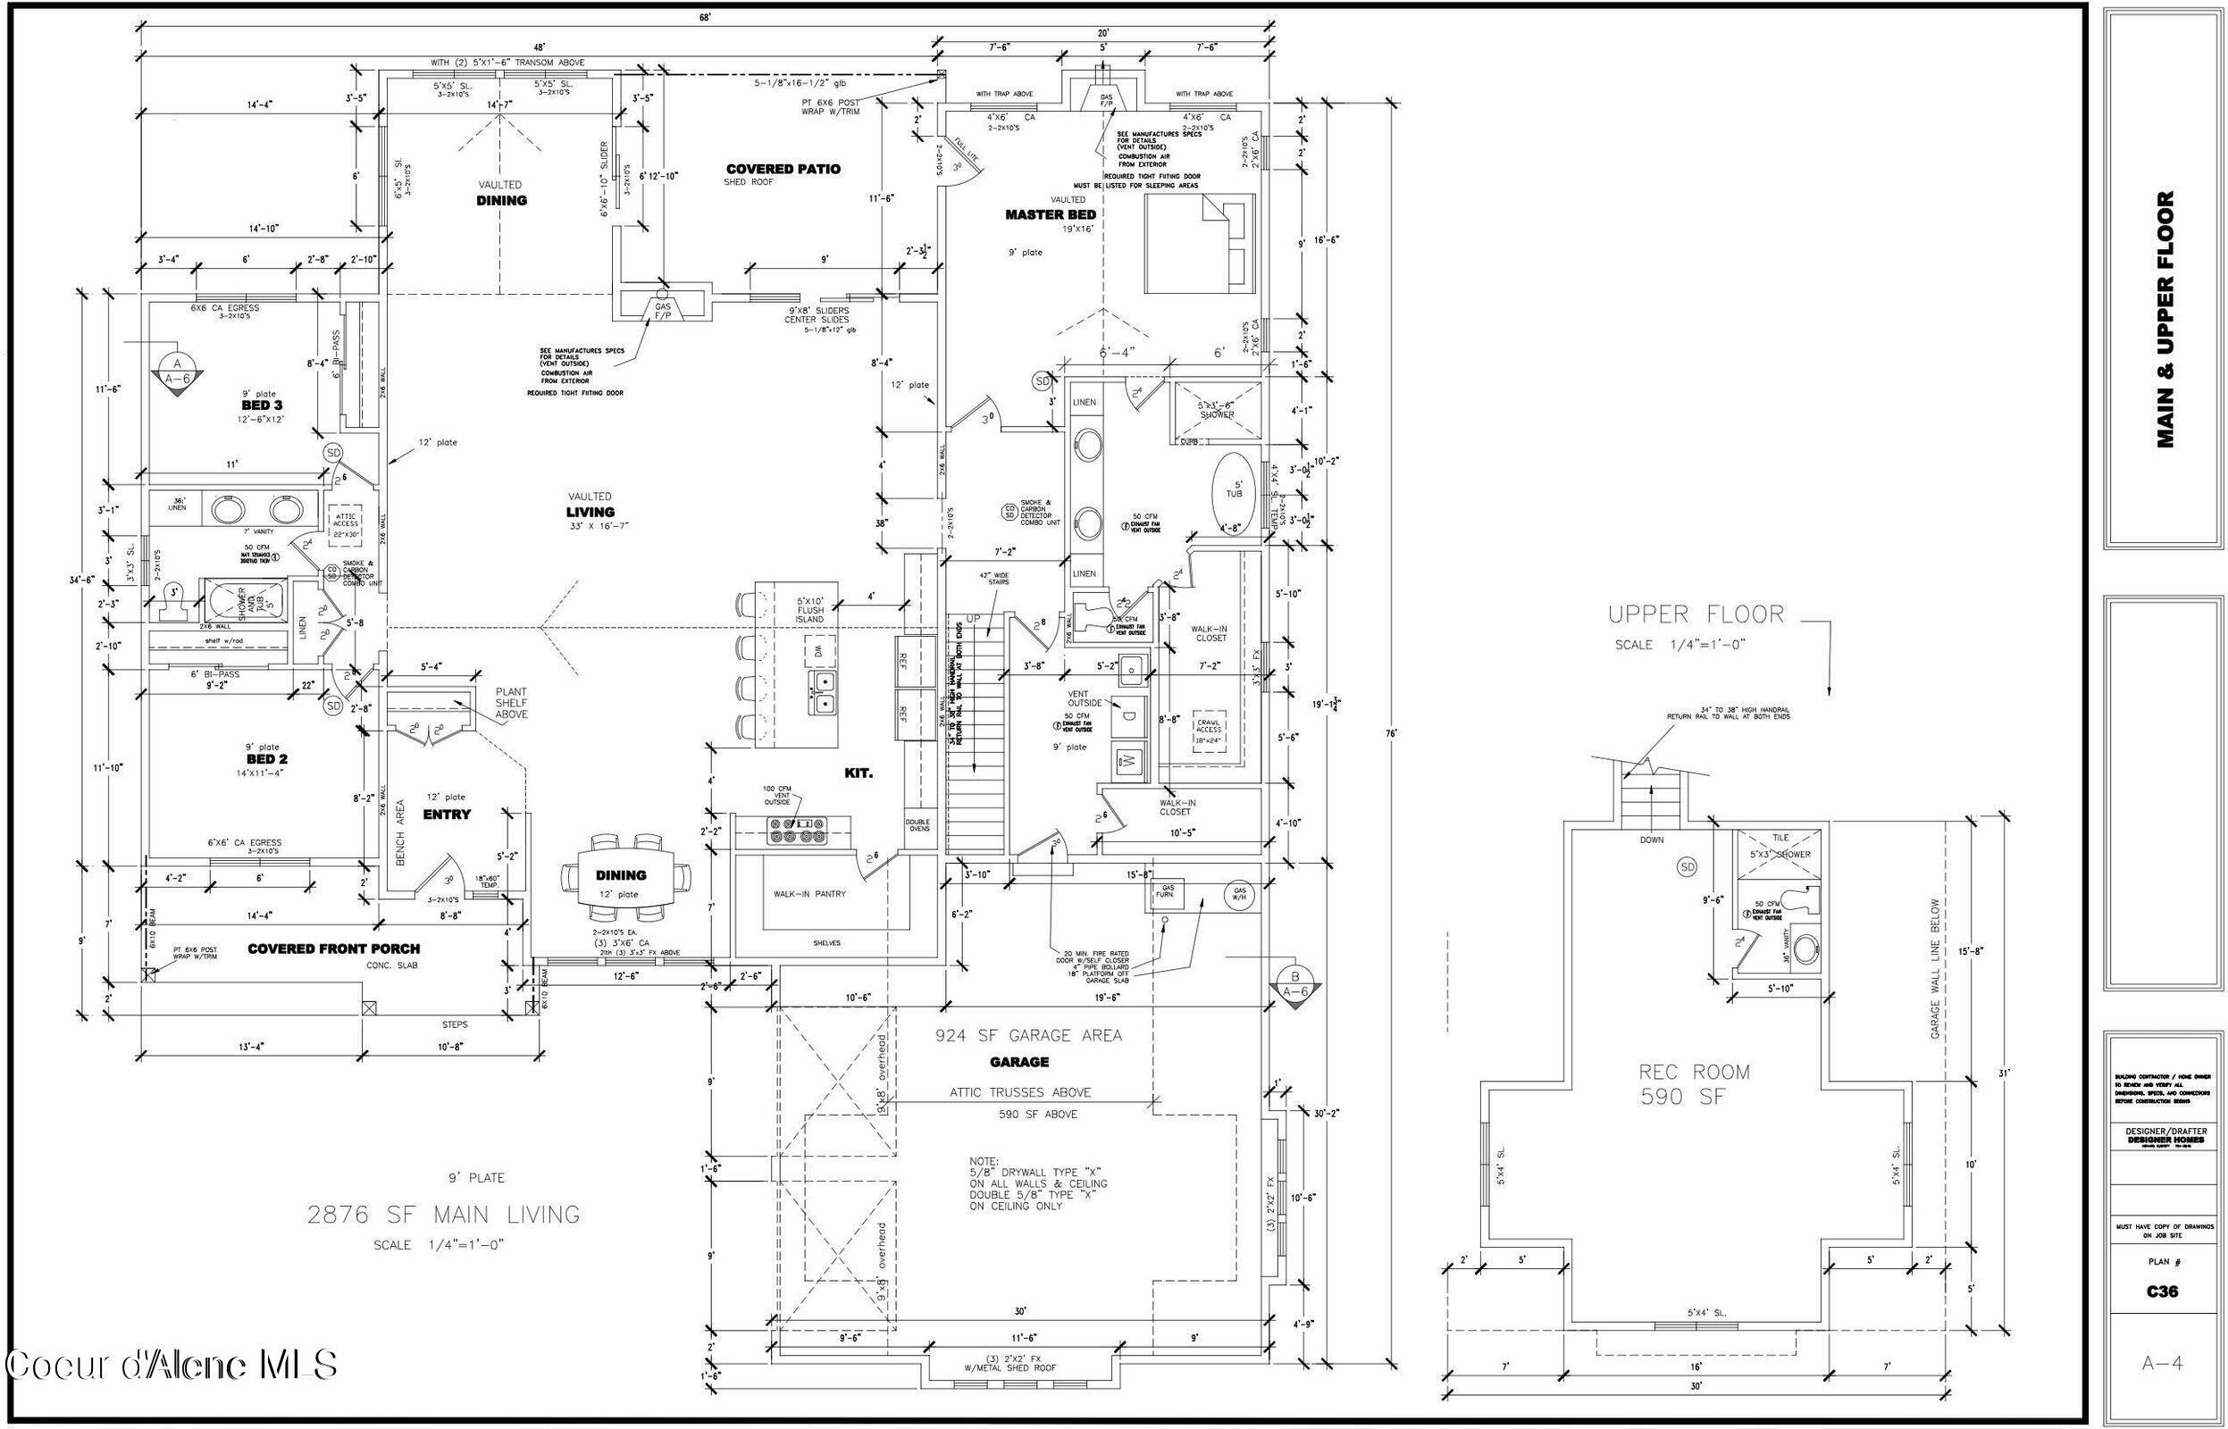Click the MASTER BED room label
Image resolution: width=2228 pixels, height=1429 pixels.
pyautogui.click(x=1051, y=214)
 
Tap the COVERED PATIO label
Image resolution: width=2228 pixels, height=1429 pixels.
pyautogui.click(x=783, y=169)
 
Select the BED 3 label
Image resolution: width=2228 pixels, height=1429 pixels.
pyautogui.click(x=262, y=405)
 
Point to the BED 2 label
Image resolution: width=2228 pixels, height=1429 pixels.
pyautogui.click(x=261, y=759)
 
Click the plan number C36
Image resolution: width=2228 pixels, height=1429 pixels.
pyautogui.click(x=2161, y=1291)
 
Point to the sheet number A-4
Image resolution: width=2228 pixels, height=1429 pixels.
pyautogui.click(x=2161, y=1362)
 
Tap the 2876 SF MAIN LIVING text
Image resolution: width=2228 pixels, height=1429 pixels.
pyautogui.click(x=444, y=1214)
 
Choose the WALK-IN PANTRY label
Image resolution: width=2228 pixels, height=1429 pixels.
pyautogui.click(x=810, y=894)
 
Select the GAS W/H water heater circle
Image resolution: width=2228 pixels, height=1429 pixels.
pyautogui.click(x=1241, y=894)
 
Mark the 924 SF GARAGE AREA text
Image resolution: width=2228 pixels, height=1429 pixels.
pyautogui.click(x=1028, y=1034)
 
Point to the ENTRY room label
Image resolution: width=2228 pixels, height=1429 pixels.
pyautogui.click(x=447, y=814)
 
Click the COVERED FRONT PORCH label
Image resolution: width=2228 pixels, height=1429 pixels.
pyautogui.click(x=333, y=948)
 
